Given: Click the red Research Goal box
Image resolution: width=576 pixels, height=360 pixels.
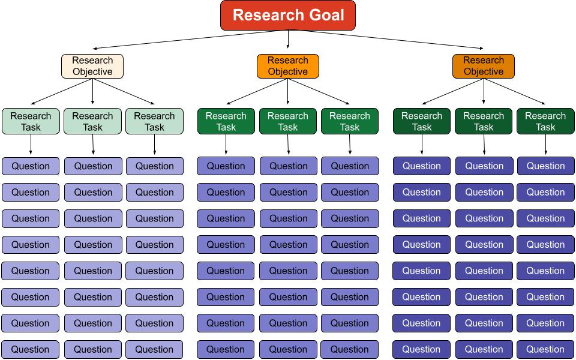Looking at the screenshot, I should [288, 15].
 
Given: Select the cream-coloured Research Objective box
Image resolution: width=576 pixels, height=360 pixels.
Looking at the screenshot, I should [92, 66].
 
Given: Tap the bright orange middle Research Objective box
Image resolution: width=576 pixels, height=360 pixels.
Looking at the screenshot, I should [288, 66].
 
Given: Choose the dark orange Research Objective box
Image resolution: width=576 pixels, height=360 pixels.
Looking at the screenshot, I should [484, 66].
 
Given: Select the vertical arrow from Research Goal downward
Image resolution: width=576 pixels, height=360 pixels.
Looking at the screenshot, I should [288, 39].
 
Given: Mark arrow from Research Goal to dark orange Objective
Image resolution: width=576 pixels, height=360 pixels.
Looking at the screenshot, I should [387, 39].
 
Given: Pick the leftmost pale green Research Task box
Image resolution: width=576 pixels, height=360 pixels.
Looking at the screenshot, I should [31, 121].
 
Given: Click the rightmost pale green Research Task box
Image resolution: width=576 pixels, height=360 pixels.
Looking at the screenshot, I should [154, 121].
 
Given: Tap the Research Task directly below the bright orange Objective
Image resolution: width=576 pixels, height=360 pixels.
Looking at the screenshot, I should [288, 121].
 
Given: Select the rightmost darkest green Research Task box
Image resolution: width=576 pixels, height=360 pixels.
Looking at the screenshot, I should [545, 121].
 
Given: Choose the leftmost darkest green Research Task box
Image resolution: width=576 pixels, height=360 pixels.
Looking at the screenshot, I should [422, 121].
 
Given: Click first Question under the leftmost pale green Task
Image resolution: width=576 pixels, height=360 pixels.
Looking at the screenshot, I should [31, 166].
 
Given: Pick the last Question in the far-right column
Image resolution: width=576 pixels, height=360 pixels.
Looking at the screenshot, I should [545, 349].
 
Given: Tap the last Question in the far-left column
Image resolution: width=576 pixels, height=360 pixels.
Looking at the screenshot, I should [31, 349].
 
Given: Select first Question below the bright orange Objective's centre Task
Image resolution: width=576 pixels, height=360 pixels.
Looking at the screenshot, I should [288, 166].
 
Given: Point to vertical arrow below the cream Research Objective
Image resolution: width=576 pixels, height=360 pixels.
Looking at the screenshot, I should [92, 92].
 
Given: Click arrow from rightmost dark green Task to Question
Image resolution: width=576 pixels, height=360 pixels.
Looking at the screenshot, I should [545, 145].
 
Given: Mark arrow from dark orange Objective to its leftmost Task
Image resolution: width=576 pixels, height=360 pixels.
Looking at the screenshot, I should [453, 91].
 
